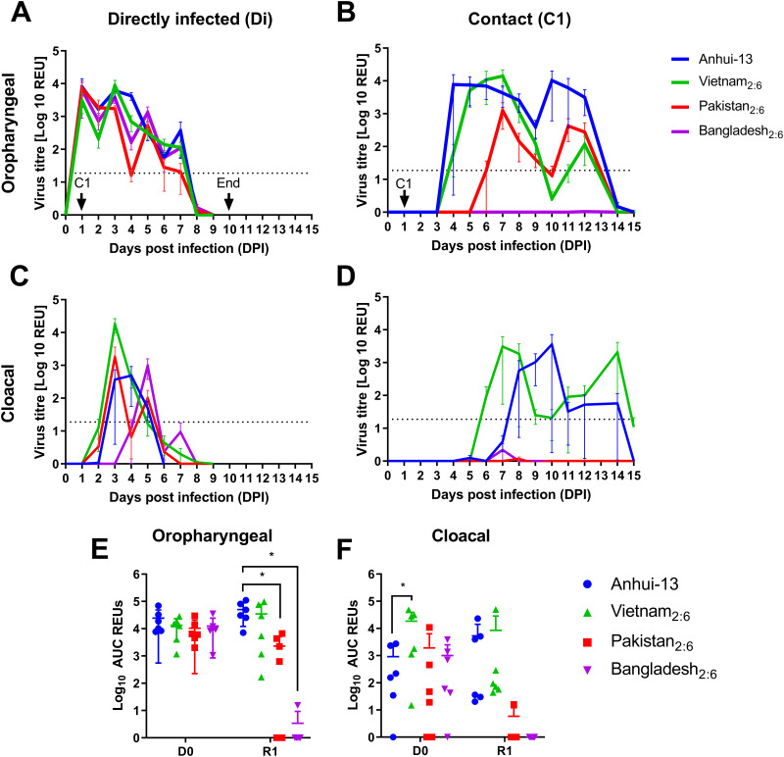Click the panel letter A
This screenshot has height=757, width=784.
[18, 15]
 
